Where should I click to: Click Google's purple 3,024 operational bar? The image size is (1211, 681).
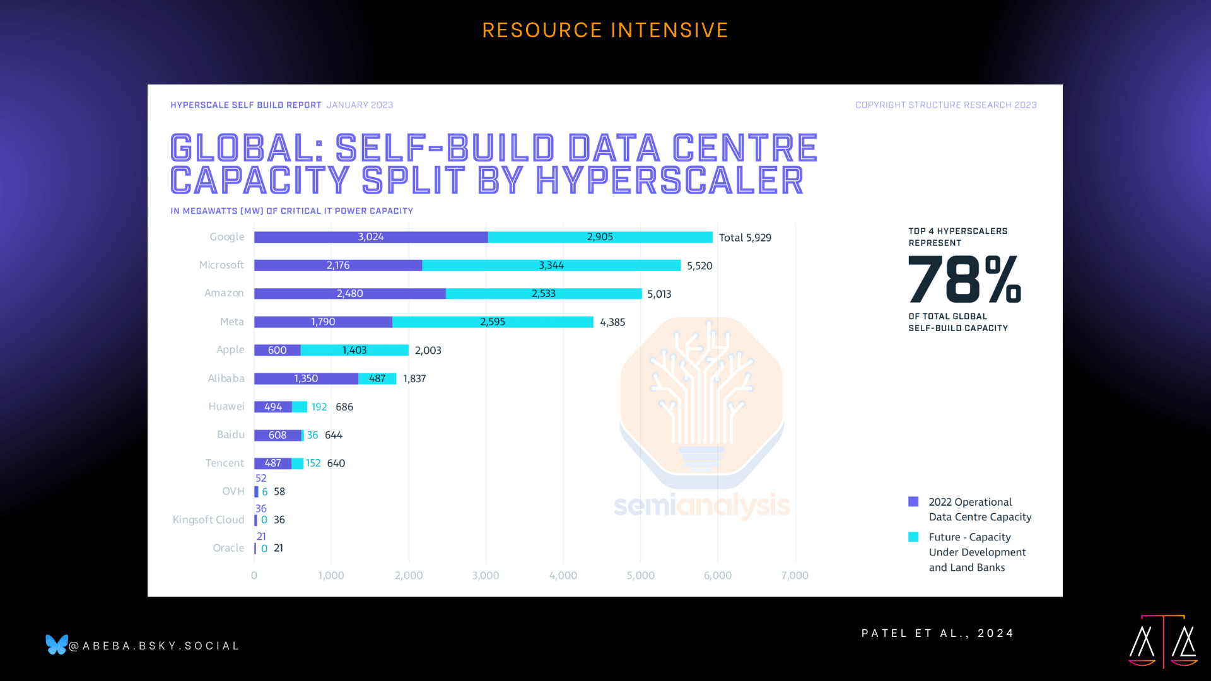[x=370, y=237]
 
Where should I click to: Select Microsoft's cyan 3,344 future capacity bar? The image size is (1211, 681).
[x=551, y=265]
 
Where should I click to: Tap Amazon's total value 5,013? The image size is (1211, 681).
[x=659, y=294]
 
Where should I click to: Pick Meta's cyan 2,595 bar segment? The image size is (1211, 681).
[x=493, y=322]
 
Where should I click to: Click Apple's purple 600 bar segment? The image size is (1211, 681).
[x=277, y=350]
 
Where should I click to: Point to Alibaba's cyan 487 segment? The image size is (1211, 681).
[x=377, y=378]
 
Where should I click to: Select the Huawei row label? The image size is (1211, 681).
[x=226, y=407]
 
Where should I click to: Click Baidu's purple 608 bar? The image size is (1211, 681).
[x=278, y=435]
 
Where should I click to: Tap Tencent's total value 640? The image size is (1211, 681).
[x=336, y=463]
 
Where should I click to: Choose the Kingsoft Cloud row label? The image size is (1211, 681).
[x=208, y=520]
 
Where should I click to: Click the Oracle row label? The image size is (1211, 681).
[x=228, y=548]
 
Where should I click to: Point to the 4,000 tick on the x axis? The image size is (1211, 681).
[x=563, y=575]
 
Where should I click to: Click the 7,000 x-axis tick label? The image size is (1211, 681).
[x=795, y=575]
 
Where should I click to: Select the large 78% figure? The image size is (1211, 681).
[x=964, y=279]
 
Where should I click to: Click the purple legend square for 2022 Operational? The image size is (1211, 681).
[x=913, y=502]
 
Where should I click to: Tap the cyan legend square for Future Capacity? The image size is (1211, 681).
[x=913, y=537]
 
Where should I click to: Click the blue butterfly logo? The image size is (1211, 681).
[x=56, y=644]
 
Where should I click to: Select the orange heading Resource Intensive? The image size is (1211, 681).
[x=605, y=30]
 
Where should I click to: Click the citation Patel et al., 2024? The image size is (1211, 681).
[x=937, y=633]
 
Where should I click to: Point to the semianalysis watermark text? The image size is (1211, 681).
[x=701, y=505]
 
